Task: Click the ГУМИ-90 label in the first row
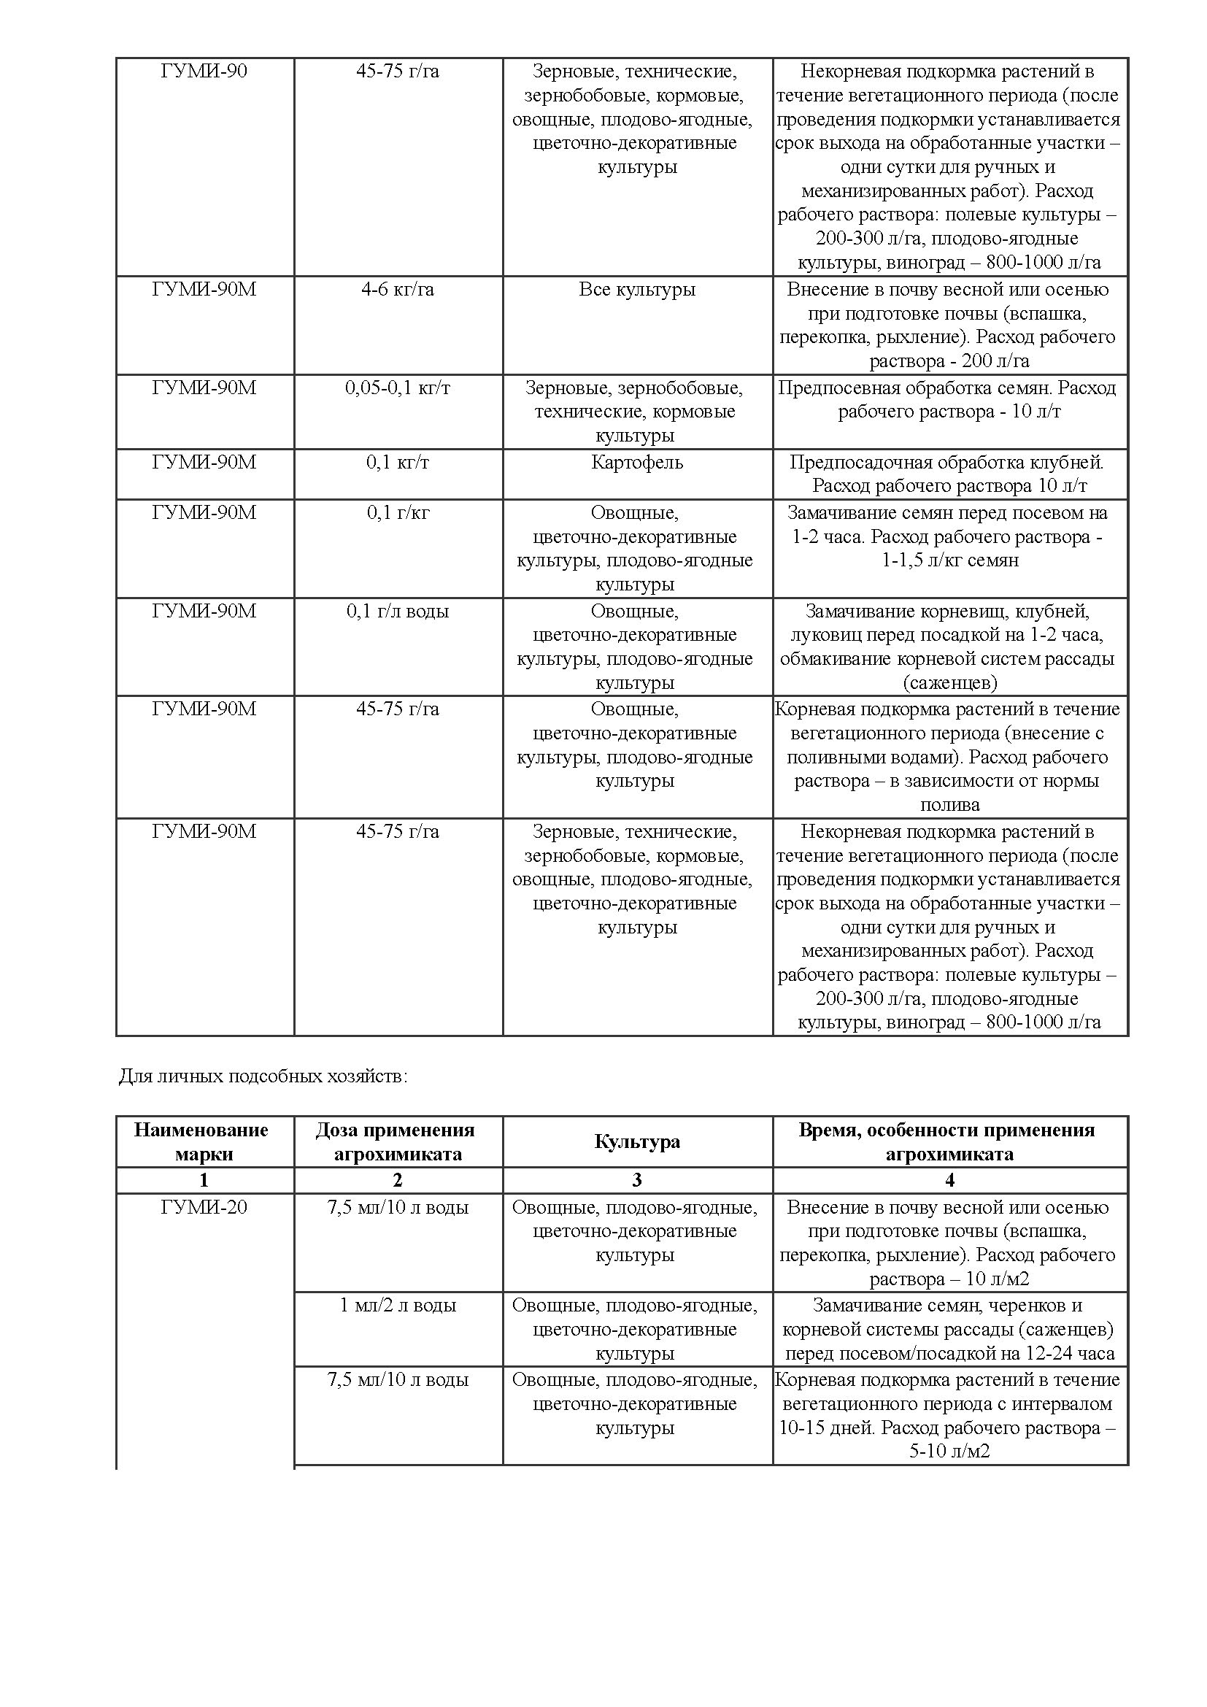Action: click(204, 72)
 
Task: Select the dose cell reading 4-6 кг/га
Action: click(398, 289)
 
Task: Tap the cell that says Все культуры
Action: click(637, 289)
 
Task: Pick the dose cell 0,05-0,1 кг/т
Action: click(398, 388)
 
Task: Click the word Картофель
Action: click(637, 463)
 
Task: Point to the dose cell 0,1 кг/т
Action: click(398, 463)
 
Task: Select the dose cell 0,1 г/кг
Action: click(398, 512)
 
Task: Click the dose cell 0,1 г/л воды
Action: click(398, 611)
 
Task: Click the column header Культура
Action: click(637, 1141)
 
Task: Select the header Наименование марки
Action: click(201, 1141)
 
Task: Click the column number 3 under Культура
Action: click(637, 1180)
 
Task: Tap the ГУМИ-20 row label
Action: click(204, 1207)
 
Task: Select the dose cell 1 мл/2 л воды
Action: click(398, 1306)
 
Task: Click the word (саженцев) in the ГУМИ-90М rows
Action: click(950, 682)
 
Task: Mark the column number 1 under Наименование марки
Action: click(204, 1180)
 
